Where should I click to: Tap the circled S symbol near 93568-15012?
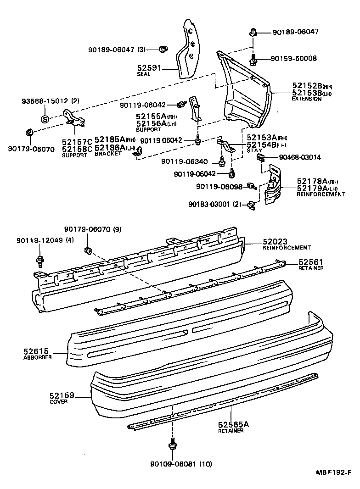click(x=45, y=119)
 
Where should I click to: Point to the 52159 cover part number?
click(x=63, y=395)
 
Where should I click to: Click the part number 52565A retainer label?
click(x=234, y=425)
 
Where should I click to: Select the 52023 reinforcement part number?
click(x=276, y=242)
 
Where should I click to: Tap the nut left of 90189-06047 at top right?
click(x=253, y=32)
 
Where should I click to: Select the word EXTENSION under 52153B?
click(x=306, y=99)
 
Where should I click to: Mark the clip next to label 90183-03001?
click(x=251, y=204)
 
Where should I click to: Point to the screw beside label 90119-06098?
click(x=251, y=185)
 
